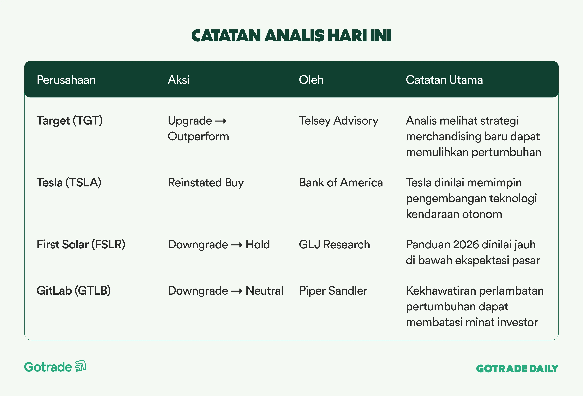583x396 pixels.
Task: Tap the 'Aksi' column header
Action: click(x=179, y=80)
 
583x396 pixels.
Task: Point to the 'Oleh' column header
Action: click(x=311, y=80)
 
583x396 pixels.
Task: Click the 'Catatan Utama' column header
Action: click(x=444, y=80)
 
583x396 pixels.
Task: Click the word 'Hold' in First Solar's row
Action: click(x=258, y=244)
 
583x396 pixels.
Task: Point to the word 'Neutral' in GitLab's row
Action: click(x=264, y=291)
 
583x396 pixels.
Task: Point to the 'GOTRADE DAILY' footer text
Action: click(x=517, y=369)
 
